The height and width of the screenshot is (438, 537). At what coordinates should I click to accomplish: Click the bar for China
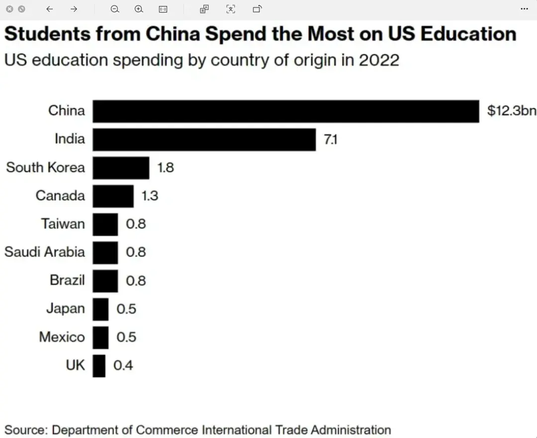pos(286,110)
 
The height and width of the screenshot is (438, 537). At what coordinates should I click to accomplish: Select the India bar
pos(204,139)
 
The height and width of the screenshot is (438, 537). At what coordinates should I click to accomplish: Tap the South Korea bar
pos(121,168)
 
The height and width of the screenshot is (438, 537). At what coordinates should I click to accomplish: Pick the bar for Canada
pos(113,196)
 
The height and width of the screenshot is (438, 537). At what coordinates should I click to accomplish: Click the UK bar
pos(99,365)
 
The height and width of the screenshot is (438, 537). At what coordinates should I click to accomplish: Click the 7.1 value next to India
pos(330,139)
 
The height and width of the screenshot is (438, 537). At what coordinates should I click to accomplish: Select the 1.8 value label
pos(166,168)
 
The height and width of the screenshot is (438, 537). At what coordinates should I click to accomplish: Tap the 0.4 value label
pos(123,366)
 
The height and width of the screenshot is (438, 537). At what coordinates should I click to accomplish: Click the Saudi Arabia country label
pos(45,252)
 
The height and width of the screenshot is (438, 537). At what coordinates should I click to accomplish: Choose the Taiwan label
pos(63,224)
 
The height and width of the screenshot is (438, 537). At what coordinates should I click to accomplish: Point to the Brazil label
pos(67,280)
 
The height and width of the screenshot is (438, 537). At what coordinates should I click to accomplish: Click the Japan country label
pos(65,309)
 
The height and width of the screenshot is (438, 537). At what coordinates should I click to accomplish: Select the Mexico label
pos(62,337)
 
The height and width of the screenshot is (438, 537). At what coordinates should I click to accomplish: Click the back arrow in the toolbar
pos(49,9)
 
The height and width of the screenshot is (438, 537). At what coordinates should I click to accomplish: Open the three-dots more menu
pos(524,9)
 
